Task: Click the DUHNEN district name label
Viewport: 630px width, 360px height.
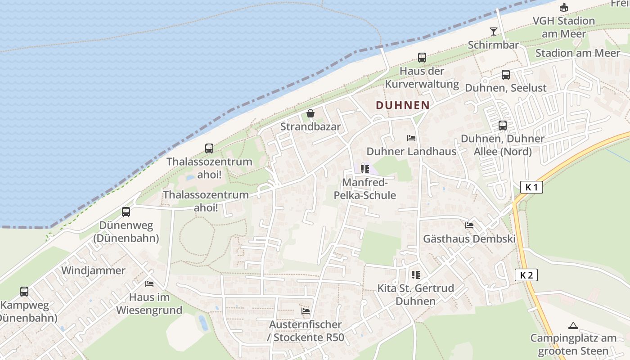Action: (x=402, y=105)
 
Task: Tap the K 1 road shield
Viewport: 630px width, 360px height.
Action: (x=531, y=187)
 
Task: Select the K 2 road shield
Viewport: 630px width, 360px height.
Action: (x=526, y=275)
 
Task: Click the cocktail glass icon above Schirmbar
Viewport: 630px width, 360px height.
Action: (x=494, y=31)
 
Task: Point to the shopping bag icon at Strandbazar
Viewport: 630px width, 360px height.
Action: (x=310, y=113)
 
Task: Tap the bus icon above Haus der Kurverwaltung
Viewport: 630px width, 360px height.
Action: (x=422, y=58)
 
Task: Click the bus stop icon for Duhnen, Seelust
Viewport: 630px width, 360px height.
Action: (x=506, y=75)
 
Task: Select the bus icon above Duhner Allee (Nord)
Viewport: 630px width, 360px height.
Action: (x=502, y=126)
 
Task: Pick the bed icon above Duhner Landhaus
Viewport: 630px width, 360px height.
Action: (x=411, y=138)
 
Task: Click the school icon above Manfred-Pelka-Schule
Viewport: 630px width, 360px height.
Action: (x=364, y=169)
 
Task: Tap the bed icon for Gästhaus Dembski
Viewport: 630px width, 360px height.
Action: (x=469, y=225)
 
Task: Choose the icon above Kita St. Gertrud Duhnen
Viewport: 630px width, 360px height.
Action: (x=415, y=274)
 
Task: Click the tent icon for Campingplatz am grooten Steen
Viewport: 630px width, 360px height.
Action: (x=573, y=325)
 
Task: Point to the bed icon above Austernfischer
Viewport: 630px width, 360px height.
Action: (x=306, y=311)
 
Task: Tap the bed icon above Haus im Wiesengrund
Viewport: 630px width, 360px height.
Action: (x=149, y=284)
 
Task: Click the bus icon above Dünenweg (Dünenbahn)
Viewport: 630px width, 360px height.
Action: (x=126, y=211)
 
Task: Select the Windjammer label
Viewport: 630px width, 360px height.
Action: (x=93, y=270)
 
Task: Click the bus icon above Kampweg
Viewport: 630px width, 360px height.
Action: (x=24, y=292)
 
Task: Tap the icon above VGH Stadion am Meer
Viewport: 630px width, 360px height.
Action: (x=563, y=8)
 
